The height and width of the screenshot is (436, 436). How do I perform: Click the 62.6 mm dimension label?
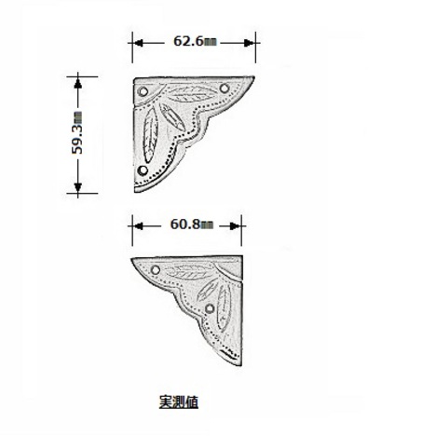coord(195,41)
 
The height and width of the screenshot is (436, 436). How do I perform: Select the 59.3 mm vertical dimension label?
coord(77,132)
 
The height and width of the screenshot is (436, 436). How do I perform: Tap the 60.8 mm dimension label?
coord(192,225)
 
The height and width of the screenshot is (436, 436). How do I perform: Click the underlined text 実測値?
coord(179,402)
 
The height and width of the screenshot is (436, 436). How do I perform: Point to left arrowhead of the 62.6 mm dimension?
coord(138,43)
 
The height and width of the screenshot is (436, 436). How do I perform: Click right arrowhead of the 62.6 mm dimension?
coord(250,43)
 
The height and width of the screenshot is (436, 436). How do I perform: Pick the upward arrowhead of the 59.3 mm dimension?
coord(77,83)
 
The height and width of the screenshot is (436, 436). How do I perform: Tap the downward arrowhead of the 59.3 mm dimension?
coord(77,187)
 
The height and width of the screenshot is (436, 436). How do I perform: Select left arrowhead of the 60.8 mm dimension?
coord(138,226)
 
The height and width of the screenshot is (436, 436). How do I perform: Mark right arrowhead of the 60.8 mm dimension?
coord(236,226)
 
